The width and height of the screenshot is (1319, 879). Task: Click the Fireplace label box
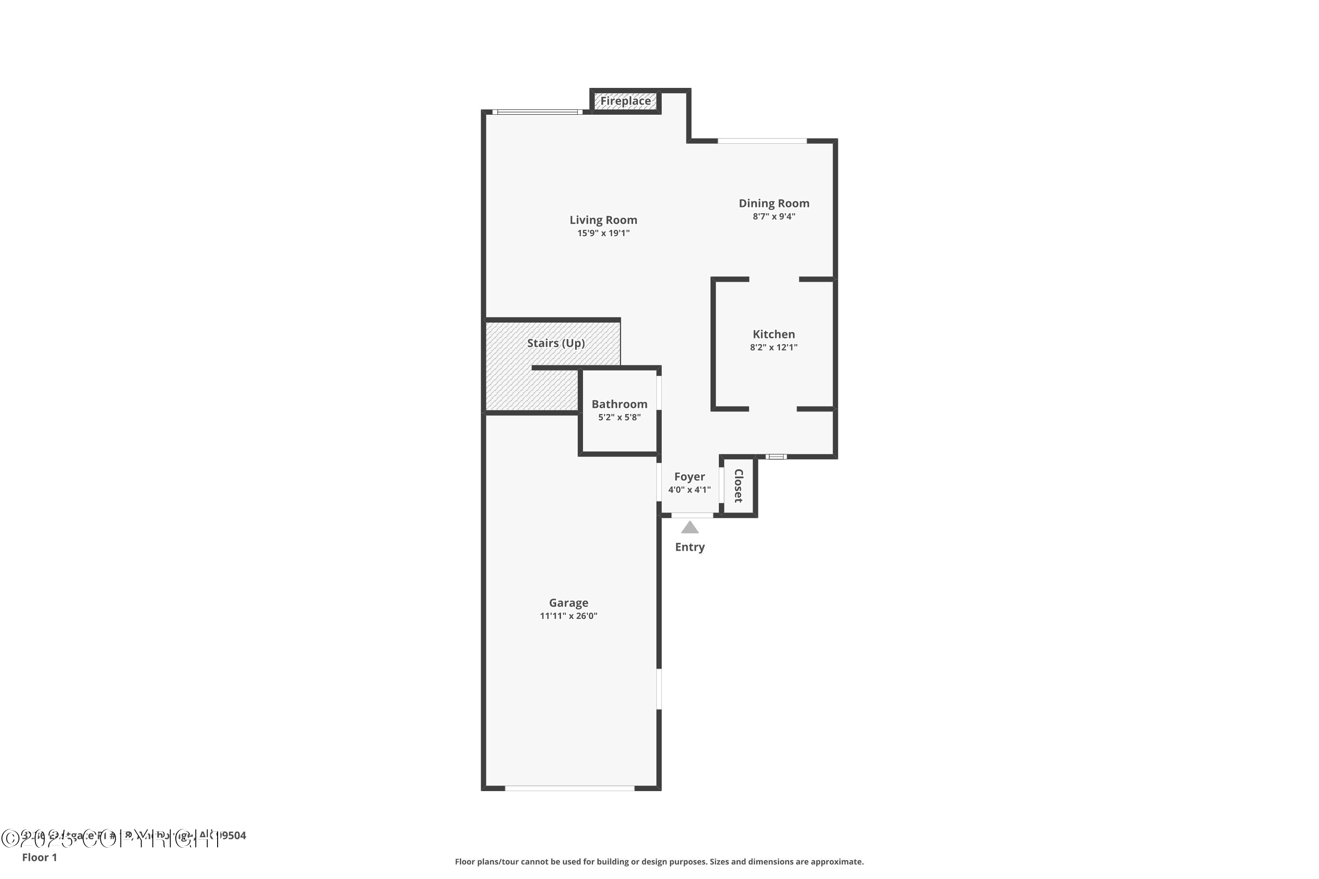(625, 102)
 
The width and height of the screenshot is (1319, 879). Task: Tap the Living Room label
(603, 220)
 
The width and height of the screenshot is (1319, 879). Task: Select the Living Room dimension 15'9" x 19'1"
(603, 233)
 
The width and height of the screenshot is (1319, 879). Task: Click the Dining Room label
(773, 203)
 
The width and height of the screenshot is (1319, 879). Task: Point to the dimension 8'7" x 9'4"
(773, 216)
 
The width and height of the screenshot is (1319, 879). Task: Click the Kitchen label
(773, 334)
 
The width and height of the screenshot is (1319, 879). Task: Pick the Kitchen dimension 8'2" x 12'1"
(773, 347)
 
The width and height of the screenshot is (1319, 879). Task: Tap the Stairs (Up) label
(555, 343)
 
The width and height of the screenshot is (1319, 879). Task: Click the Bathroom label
(619, 404)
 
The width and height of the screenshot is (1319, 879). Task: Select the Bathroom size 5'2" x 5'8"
(619, 417)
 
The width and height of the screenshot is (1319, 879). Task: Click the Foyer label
(689, 476)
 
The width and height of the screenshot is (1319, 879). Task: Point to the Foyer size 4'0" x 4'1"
(689, 490)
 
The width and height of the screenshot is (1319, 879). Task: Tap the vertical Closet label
(739, 486)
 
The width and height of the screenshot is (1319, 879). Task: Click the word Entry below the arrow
(690, 547)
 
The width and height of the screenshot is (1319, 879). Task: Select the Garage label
(568, 603)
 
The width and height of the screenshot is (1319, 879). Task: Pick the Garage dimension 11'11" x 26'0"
(568, 616)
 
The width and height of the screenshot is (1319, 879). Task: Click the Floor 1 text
(39, 857)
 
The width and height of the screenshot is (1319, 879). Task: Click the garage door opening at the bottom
(569, 788)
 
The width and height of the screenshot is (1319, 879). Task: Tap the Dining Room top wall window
(762, 141)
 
